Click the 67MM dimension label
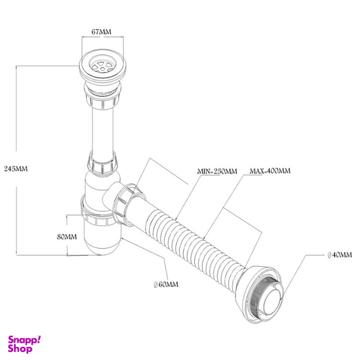click(101, 32)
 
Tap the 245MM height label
click(16, 169)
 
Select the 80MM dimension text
click(67, 237)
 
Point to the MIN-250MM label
click(217, 171)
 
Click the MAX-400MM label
click(270, 171)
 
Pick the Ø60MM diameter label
click(166, 284)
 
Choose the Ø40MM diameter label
click(339, 255)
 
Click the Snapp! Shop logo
click(24, 344)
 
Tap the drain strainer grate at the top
click(102, 65)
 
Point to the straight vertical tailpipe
click(102, 131)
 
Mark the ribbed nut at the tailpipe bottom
click(102, 164)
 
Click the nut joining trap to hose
click(127, 204)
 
